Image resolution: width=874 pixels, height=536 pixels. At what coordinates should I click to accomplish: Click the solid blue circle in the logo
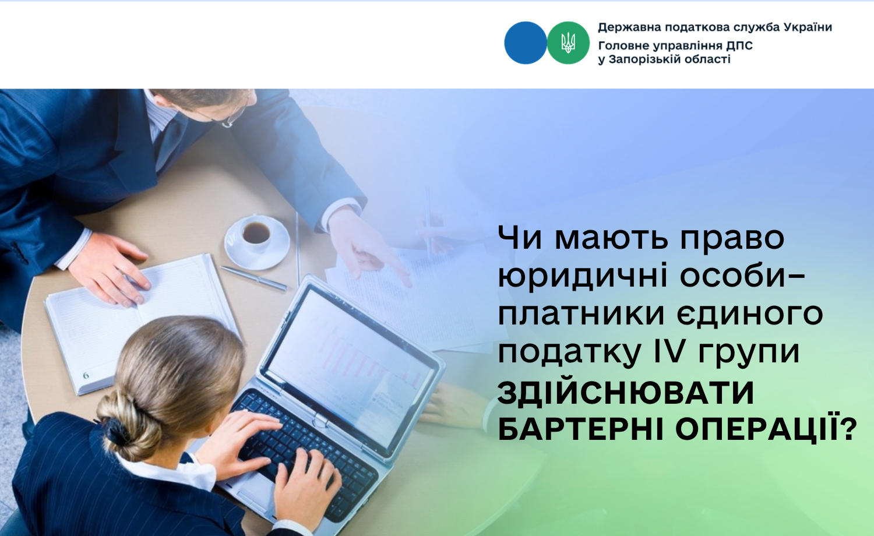525,43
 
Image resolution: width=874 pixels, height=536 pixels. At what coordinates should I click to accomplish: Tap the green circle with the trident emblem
568,43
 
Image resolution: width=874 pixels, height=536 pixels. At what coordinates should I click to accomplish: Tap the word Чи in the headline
520,238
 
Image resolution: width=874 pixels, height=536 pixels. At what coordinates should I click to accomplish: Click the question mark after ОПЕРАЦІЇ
847,429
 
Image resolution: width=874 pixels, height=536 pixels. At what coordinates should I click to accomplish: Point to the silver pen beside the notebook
253,278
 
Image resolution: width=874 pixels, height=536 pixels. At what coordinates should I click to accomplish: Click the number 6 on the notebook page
86,375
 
